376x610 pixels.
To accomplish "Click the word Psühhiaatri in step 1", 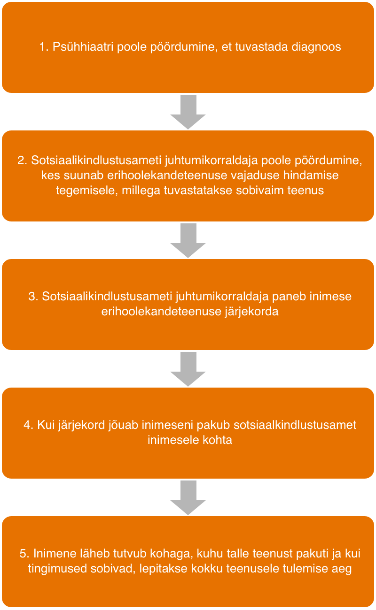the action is coord(83,47).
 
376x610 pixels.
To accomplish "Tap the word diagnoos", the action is coord(316,47).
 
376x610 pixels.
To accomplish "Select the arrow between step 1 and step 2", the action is coord(188,112).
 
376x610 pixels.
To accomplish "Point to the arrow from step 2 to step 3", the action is coord(188,240).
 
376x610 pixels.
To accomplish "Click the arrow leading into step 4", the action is coord(188,369).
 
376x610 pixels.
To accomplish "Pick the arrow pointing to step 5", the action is coord(188,497).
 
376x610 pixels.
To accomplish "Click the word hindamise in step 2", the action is coord(311,175).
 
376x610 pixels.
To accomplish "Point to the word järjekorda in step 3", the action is coord(251,312).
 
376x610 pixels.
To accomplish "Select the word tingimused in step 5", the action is coord(57,569).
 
